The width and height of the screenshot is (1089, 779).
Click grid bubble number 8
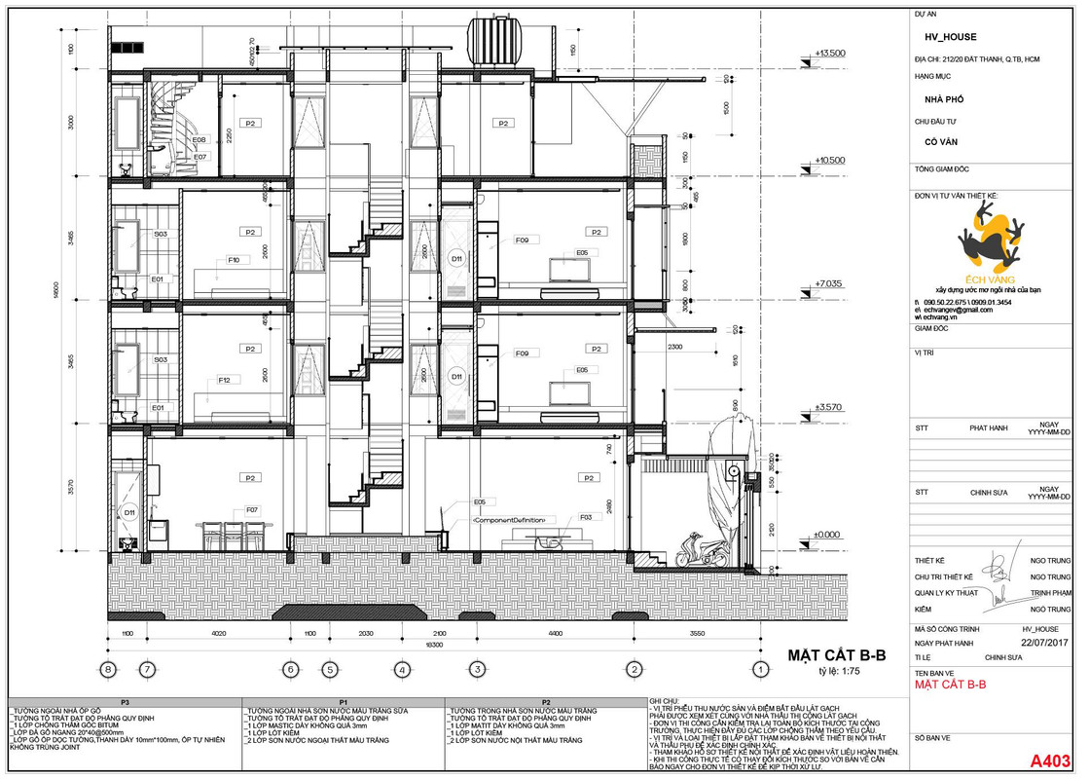point(109,669)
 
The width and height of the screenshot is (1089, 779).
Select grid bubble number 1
point(759,669)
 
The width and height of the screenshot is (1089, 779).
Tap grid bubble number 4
point(401,669)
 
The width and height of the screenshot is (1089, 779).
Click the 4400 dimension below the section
point(555,634)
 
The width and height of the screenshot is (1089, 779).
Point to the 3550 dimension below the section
point(696,634)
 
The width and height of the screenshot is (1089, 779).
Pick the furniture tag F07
point(251,510)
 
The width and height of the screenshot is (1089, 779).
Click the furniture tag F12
point(224,380)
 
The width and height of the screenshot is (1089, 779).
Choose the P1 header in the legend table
point(343,701)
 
